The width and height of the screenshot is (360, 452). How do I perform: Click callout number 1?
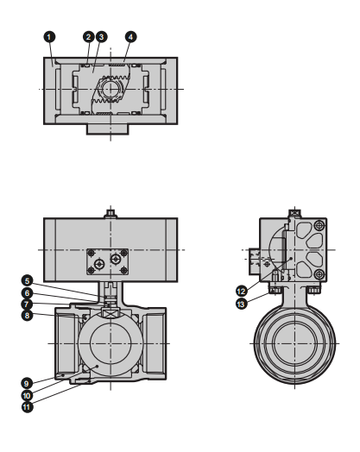pos(49,37)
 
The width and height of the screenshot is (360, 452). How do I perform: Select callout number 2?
pos(89,37)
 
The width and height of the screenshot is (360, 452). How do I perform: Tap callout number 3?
pos(101,37)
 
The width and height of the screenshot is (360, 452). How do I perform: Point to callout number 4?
pos(130,37)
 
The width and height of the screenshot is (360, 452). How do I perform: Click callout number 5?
pos(27,280)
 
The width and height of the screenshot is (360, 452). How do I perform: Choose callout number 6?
pos(27,293)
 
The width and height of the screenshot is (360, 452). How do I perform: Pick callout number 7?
pos(27,304)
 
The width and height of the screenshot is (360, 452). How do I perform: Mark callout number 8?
pos(27,315)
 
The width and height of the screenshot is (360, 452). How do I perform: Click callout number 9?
pos(27,383)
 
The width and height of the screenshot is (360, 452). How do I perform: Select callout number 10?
pos(27,395)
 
